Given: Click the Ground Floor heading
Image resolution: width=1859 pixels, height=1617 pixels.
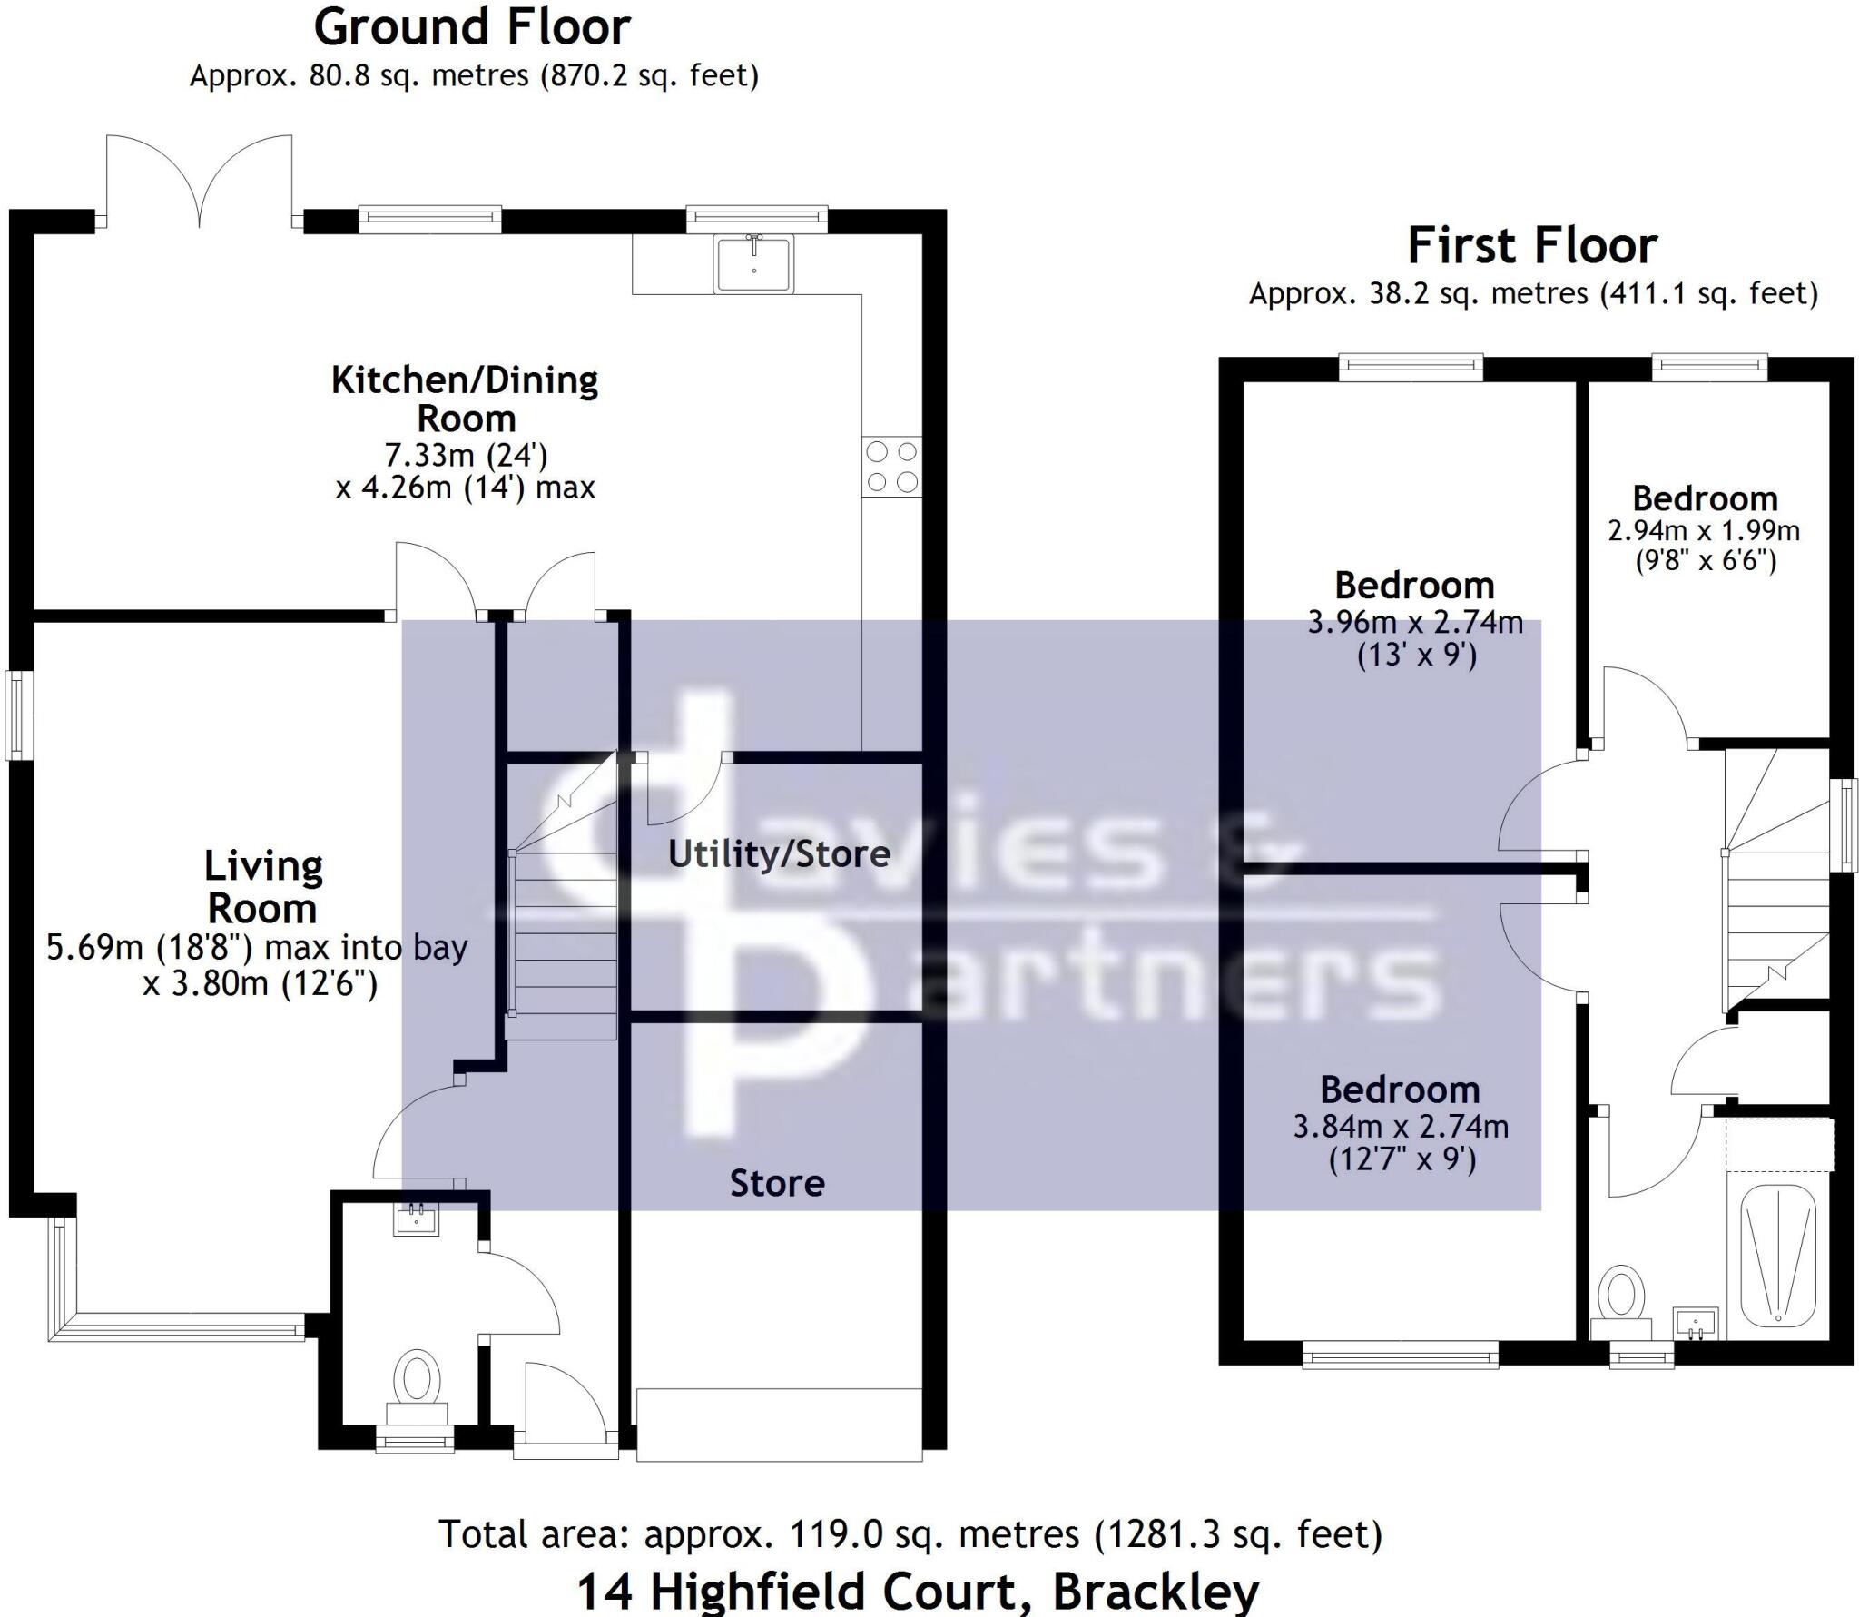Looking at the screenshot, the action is point(471,27).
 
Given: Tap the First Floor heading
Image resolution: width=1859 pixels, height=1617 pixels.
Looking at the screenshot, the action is point(1532,245).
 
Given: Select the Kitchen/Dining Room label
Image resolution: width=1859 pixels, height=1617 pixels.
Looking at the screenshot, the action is point(465,399).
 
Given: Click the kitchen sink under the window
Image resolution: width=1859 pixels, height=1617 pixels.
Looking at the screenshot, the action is point(754,262).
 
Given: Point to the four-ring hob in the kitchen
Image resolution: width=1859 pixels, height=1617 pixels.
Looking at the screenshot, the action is point(891,467).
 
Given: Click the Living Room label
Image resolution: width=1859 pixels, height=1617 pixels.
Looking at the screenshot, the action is point(262,886).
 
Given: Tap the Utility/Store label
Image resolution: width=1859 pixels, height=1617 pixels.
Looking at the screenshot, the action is point(779,853).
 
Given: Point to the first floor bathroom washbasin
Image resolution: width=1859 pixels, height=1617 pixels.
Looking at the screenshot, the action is point(1696,1323).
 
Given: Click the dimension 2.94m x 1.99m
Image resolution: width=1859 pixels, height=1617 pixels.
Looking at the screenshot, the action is point(1704,530).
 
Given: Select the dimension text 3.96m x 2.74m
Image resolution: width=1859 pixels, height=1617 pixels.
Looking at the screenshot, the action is point(1415,623).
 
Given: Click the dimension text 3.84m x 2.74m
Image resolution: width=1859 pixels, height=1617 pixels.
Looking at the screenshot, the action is point(1401,1127).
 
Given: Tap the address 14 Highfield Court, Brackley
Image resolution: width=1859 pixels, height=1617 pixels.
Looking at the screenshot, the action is point(918,1591).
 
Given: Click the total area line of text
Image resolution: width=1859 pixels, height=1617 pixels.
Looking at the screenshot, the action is point(910,1534).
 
